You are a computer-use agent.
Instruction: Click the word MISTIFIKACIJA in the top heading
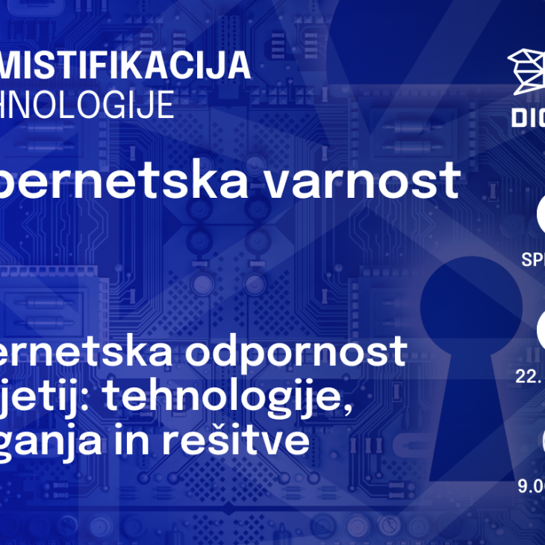(126, 66)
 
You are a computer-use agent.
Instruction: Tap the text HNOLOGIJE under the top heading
(87, 105)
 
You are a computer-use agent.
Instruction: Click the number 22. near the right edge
(529, 376)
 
